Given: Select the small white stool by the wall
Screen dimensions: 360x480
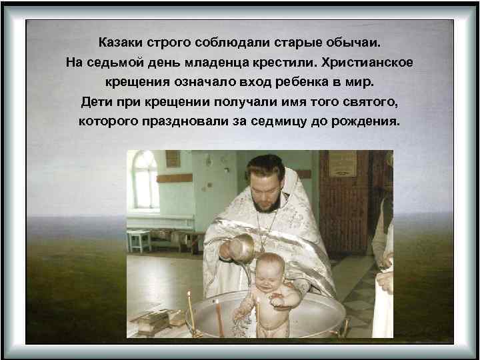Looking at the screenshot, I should [139, 239].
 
